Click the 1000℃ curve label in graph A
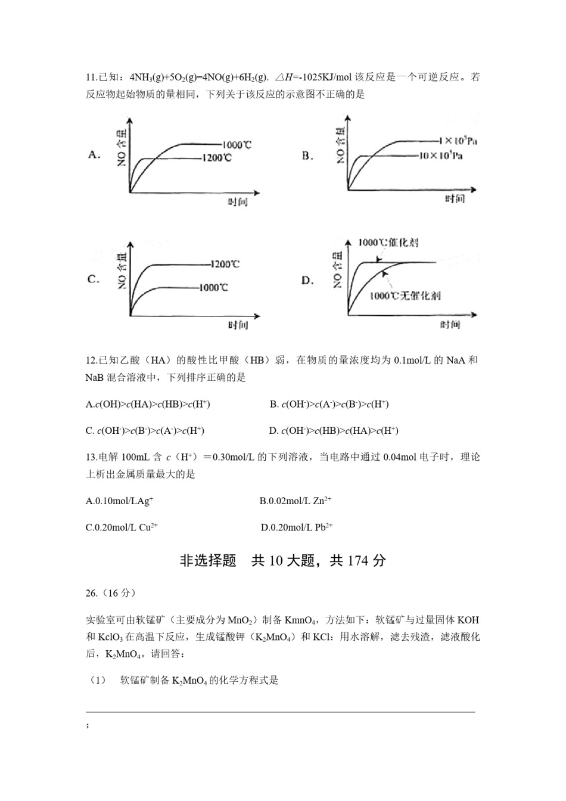point(237,145)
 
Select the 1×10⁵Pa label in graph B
point(458,141)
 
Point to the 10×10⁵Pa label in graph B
point(441,156)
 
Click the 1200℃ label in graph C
point(225,264)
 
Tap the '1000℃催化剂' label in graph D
point(388,243)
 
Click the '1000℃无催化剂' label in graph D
point(405,296)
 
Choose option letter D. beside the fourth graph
point(307,280)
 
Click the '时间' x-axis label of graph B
point(455,199)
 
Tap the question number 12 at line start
point(91,360)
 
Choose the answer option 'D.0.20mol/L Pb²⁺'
point(297,527)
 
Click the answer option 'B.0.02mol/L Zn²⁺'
point(295,501)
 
